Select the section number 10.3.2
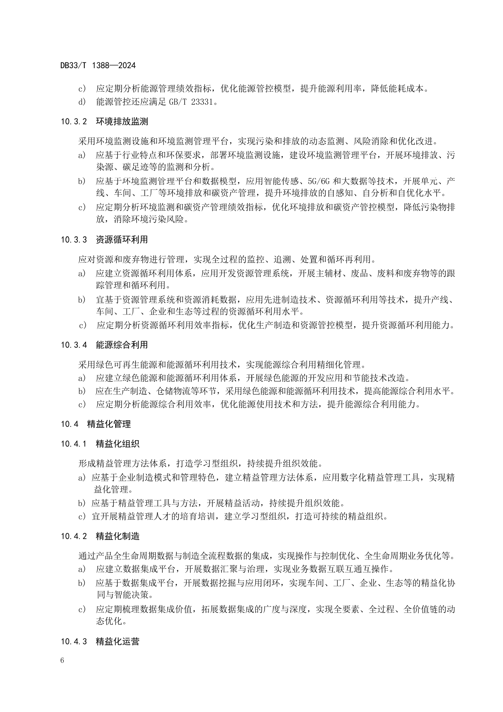coord(74,122)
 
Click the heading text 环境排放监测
coord(122,122)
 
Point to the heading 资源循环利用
coord(122,240)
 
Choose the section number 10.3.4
coord(74,345)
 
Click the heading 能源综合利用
coord(122,345)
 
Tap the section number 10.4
coord(70,424)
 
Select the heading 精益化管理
coord(109,424)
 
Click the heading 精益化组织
coord(118,444)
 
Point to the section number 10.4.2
coord(74,536)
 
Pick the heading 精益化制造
coord(118,536)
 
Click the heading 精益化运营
coord(118,642)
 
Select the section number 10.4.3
coord(74,642)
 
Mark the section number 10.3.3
coord(74,240)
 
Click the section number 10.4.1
coord(74,444)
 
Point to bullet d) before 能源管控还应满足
coord(82,102)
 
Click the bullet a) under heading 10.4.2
coord(82,569)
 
